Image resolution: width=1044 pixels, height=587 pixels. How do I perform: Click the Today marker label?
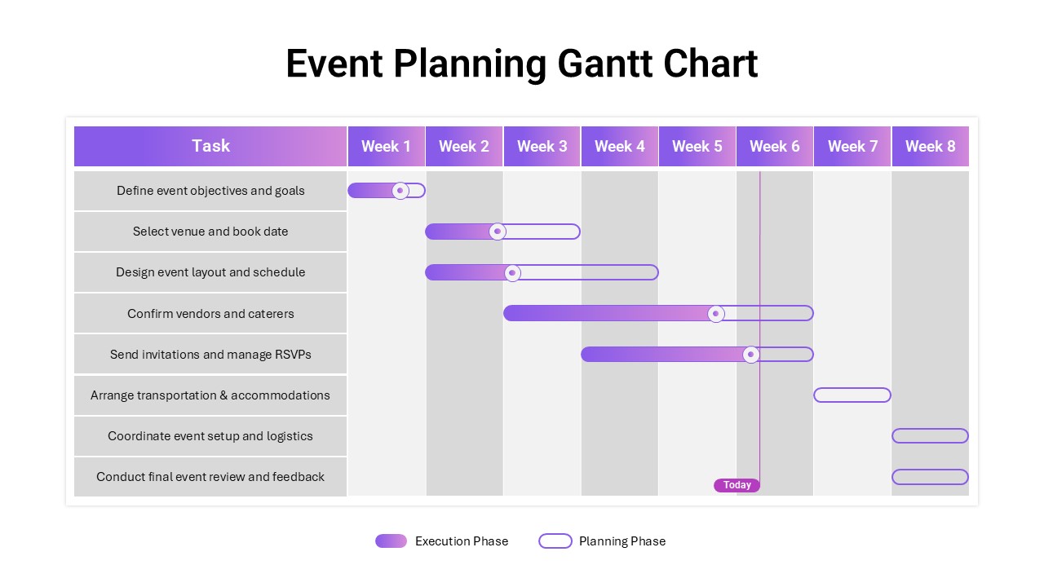click(737, 485)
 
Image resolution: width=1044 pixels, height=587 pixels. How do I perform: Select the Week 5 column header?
click(697, 146)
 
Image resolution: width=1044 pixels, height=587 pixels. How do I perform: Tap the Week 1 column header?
click(387, 146)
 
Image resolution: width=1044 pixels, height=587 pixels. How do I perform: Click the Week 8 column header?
click(931, 146)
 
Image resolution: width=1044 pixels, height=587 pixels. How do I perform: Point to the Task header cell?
click(210, 146)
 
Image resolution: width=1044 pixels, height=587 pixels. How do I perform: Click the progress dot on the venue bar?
click(498, 232)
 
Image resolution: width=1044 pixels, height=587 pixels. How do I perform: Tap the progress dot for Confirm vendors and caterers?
click(716, 314)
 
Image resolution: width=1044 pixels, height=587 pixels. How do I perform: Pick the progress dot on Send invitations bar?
click(751, 355)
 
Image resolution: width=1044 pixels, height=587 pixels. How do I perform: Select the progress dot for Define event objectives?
click(400, 191)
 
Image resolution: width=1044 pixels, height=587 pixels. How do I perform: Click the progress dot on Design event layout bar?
click(512, 272)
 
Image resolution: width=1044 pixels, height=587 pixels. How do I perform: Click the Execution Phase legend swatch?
click(391, 541)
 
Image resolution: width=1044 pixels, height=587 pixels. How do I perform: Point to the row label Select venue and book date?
click(210, 232)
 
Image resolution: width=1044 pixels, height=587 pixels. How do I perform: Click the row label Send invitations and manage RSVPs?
click(210, 355)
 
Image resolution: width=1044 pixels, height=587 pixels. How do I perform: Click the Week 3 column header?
click(542, 146)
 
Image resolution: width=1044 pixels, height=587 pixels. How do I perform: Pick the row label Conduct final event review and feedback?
click(210, 477)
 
